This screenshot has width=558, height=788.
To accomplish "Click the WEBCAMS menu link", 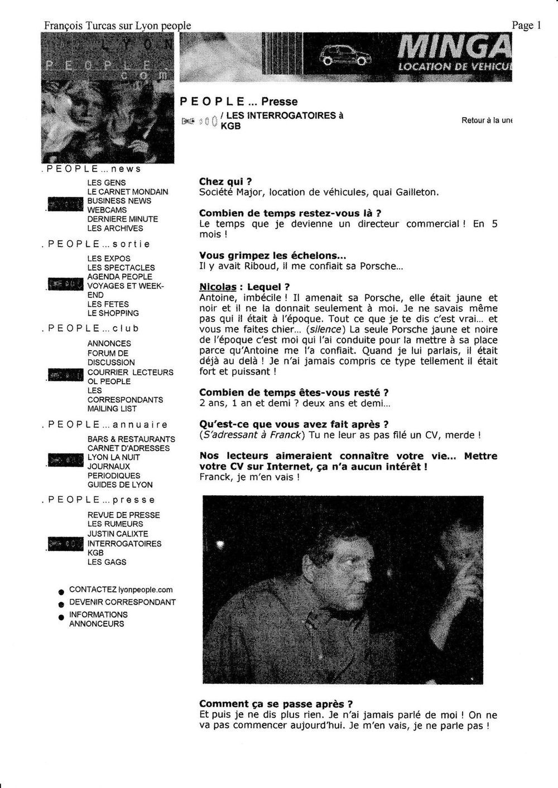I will click(x=107, y=210).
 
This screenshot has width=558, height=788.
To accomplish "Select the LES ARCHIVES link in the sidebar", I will click(x=115, y=228).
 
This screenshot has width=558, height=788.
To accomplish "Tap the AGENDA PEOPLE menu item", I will click(x=119, y=277).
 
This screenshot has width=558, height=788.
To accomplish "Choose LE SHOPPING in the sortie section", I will click(x=113, y=313).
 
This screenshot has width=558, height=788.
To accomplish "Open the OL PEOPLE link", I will click(x=109, y=381).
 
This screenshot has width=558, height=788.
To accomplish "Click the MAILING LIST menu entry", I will click(x=112, y=409).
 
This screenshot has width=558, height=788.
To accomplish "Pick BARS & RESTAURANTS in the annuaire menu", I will click(x=131, y=439).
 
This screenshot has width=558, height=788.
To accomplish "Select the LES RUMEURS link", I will click(x=115, y=524).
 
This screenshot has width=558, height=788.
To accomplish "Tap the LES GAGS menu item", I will click(x=107, y=562).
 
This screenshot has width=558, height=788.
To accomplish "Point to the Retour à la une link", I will click(x=487, y=120).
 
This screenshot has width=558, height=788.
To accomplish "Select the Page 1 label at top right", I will click(x=527, y=25).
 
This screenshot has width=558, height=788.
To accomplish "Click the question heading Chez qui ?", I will click(x=225, y=182).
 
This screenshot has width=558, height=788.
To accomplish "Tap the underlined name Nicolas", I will click(x=215, y=287).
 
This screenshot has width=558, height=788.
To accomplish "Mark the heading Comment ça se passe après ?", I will click(x=276, y=704).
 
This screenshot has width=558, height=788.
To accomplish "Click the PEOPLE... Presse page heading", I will click(x=238, y=101).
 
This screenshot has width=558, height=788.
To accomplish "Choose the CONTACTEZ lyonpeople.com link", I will click(x=121, y=589).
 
